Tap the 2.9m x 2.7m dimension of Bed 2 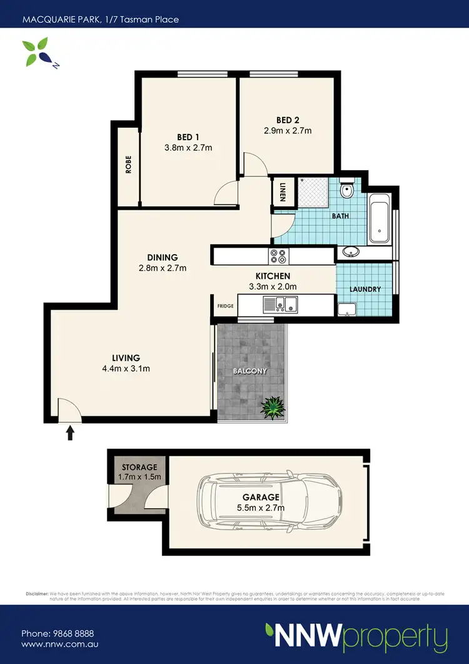(288, 131)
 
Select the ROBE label (129, 164)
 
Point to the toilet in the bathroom (347, 189)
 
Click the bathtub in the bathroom (379, 219)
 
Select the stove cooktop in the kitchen (278, 256)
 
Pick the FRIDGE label (225, 306)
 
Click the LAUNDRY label (365, 289)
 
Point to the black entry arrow (69, 432)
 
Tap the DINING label (163, 257)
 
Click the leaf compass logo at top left (35, 51)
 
